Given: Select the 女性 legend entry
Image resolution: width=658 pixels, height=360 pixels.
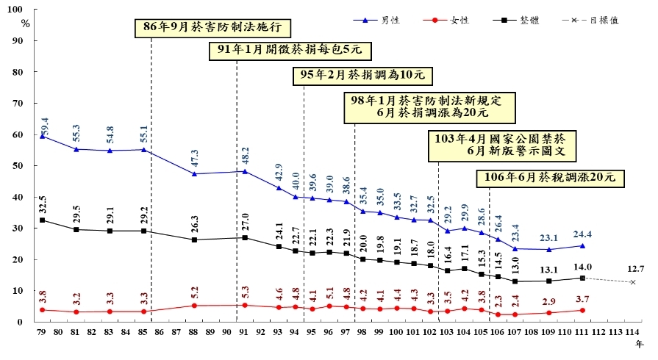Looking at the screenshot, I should tap(459, 20).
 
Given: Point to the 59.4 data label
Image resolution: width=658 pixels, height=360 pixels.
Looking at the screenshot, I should tap(45, 124).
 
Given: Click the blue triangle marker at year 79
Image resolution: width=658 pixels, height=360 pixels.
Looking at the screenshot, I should tap(42, 136).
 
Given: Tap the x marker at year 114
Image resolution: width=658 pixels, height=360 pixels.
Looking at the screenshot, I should tap(632, 282).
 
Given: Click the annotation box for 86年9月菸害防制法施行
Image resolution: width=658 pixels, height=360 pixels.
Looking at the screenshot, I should tap(213, 28).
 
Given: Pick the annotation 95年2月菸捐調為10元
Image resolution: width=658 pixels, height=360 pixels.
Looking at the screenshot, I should tap(362, 76).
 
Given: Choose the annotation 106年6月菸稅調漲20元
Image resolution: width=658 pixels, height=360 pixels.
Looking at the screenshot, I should tap(550, 177).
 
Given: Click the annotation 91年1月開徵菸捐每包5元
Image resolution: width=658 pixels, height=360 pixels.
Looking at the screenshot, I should tap(290, 50).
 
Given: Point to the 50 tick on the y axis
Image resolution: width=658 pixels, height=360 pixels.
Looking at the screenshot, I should tap(26, 166).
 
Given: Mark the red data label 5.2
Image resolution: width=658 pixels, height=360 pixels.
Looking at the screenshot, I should tap(194, 294).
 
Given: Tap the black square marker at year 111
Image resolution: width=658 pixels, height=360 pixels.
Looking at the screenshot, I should tap(582, 278).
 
